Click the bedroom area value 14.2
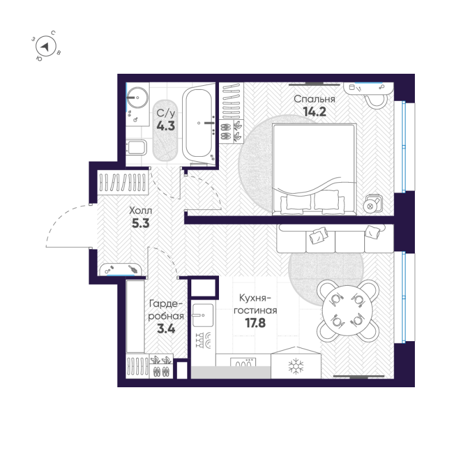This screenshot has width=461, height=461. [314, 112]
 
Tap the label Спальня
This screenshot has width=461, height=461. [314, 99]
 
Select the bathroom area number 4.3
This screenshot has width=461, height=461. [165, 126]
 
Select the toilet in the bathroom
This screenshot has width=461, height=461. [135, 148]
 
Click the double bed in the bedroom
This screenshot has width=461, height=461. [313, 167]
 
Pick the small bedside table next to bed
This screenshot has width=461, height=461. [372, 203]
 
